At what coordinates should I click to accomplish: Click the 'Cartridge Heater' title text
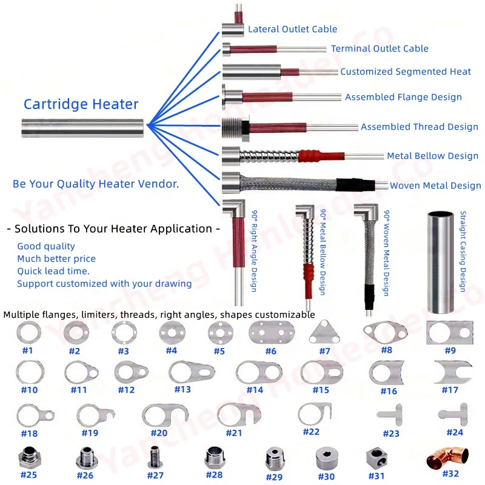81,104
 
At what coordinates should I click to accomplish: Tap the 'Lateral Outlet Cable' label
292,28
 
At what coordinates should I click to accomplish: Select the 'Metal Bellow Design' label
432,156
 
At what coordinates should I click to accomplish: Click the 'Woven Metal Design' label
435,186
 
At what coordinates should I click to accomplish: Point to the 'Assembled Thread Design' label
420,127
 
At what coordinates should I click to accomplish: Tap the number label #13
182,389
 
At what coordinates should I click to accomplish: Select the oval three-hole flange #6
270,332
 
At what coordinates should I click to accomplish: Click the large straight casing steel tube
442,262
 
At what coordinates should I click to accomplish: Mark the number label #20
159,433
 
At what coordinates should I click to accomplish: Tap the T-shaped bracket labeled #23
390,416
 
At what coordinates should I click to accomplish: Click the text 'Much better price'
56,259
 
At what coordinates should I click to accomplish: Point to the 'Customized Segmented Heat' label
405,72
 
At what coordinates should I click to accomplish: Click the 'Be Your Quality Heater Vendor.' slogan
96,184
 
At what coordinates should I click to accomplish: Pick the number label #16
389,391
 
